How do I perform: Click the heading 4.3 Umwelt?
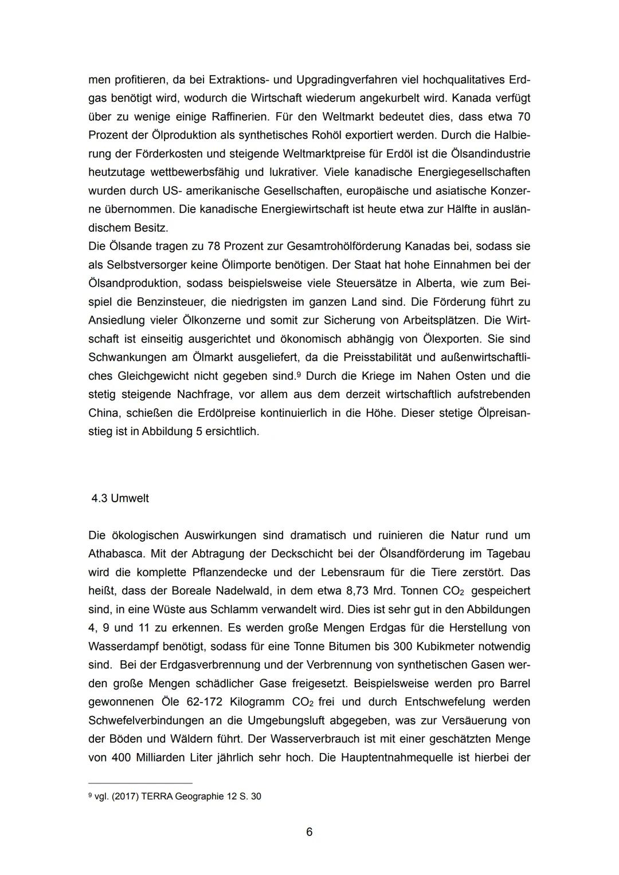pyautogui.click(x=120, y=498)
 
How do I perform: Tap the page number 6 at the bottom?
pyautogui.click(x=309, y=832)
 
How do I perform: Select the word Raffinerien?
pyautogui.click(x=232, y=117)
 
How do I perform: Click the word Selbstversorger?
pyautogui.click(x=145, y=265)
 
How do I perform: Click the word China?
pyautogui.click(x=104, y=413)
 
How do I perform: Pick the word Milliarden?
pyautogui.click(x=168, y=757)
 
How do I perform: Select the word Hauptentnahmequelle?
pyautogui.click(x=396, y=757)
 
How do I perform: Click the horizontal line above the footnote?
pyautogui.click(x=140, y=783)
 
